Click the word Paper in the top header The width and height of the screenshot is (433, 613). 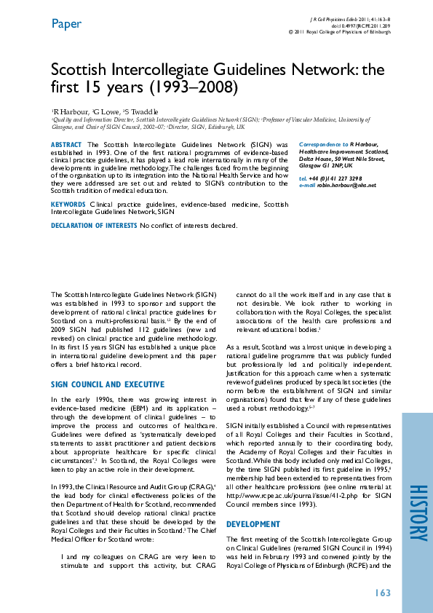pos(65,24)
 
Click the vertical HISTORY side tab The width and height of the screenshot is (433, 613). pos(417,513)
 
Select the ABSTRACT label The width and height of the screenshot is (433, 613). pos(66,146)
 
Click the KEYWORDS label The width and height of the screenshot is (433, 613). pos(68,205)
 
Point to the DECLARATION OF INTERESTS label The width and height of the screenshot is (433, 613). pos(94,226)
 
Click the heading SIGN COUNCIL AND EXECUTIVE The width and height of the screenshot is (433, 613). pos(107,384)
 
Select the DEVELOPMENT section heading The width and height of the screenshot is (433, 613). pos(253,524)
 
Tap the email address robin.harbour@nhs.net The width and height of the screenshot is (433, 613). pos(347,186)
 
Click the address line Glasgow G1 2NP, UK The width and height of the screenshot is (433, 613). pos(326,166)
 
